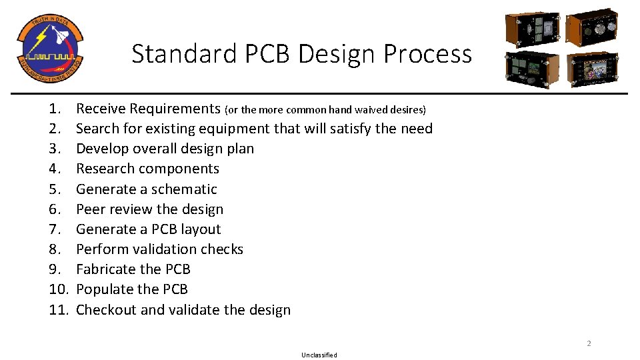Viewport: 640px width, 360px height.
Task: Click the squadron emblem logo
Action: [49, 47]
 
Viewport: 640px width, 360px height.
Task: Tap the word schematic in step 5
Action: [184, 189]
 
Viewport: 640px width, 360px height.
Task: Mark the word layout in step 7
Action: [201, 229]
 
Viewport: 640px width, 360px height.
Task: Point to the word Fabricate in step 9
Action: [105, 269]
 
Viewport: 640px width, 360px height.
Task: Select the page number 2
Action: [589, 343]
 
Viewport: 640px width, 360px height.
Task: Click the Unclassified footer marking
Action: [319, 355]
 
